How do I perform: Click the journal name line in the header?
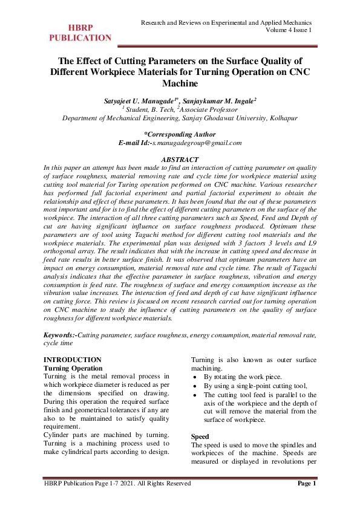(x=226, y=22)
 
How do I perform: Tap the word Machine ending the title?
(x=180, y=83)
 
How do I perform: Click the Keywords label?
(x=59, y=334)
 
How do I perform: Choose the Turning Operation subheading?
(x=74, y=368)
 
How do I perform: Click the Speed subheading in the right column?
(x=200, y=436)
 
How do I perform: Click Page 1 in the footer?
(x=307, y=483)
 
